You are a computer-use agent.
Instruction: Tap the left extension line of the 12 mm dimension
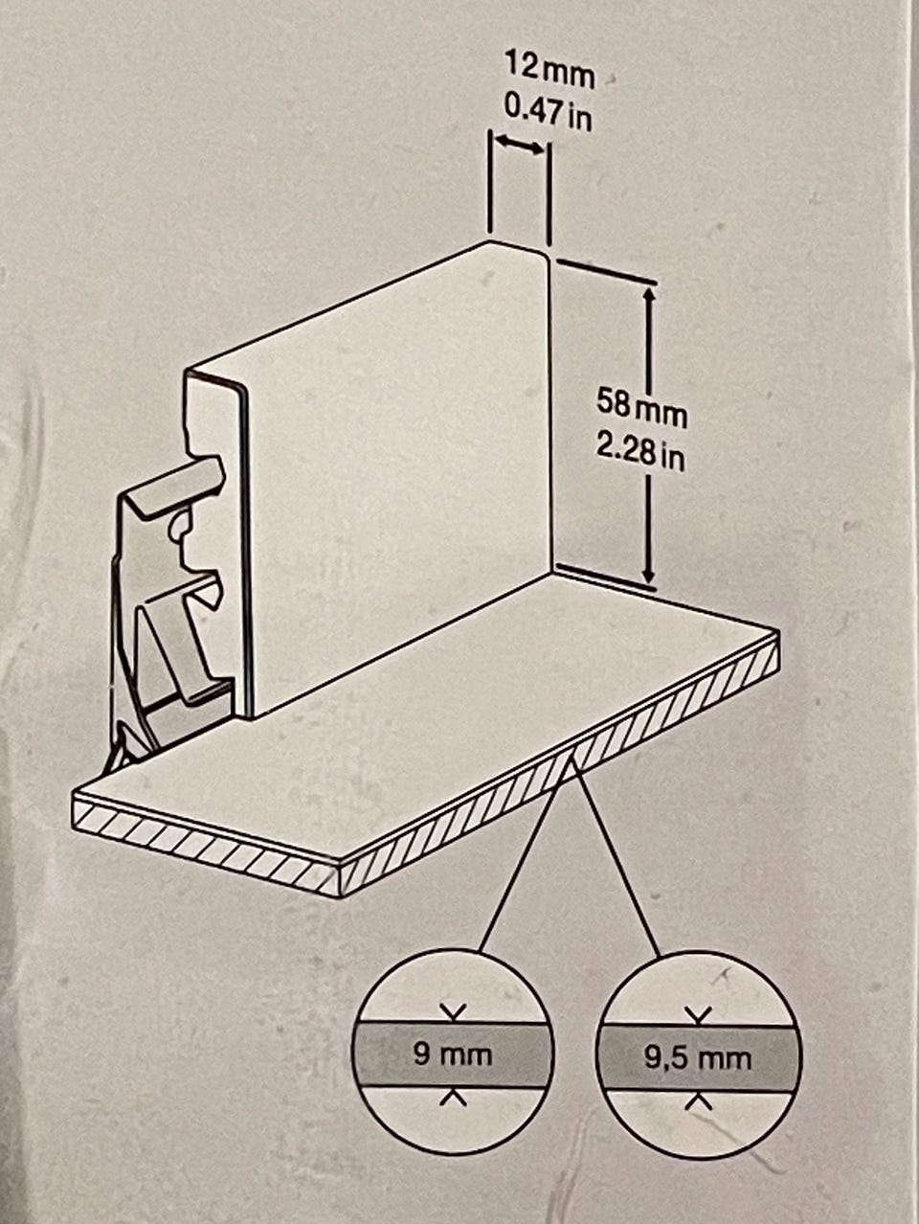tap(490, 181)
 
